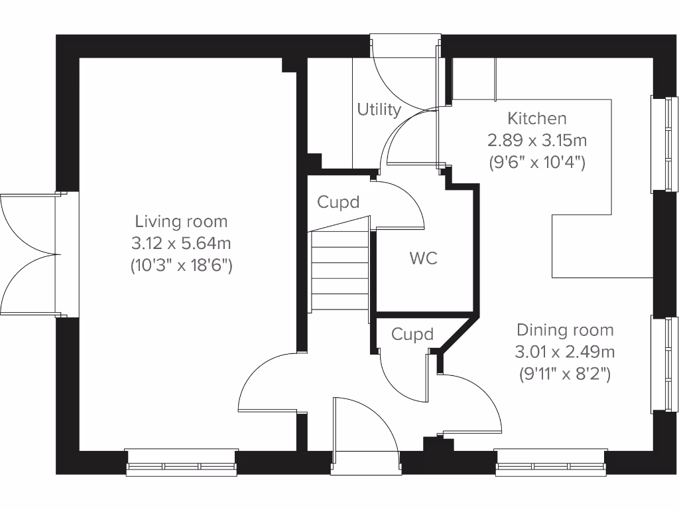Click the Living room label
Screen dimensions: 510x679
coord(181,221)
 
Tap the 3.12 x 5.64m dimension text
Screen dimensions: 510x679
coord(181,244)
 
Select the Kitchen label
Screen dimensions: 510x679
coord(537,119)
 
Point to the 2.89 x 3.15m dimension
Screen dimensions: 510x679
coord(537,141)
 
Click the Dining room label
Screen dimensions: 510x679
coord(565,330)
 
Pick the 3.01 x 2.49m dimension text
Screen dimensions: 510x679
coord(565,352)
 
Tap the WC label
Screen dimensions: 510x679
coord(423,258)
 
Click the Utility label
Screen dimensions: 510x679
coord(379,110)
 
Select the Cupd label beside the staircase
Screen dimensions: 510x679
coord(338,202)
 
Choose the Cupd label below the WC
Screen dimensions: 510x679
coord(412,335)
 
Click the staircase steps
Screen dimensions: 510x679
coord(339,270)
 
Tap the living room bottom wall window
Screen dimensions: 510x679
coord(181,464)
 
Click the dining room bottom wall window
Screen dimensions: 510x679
coord(550,464)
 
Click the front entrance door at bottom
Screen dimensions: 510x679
coord(366,438)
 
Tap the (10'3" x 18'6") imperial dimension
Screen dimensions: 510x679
coord(181,266)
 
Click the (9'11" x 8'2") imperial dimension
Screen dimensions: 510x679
coord(565,375)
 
